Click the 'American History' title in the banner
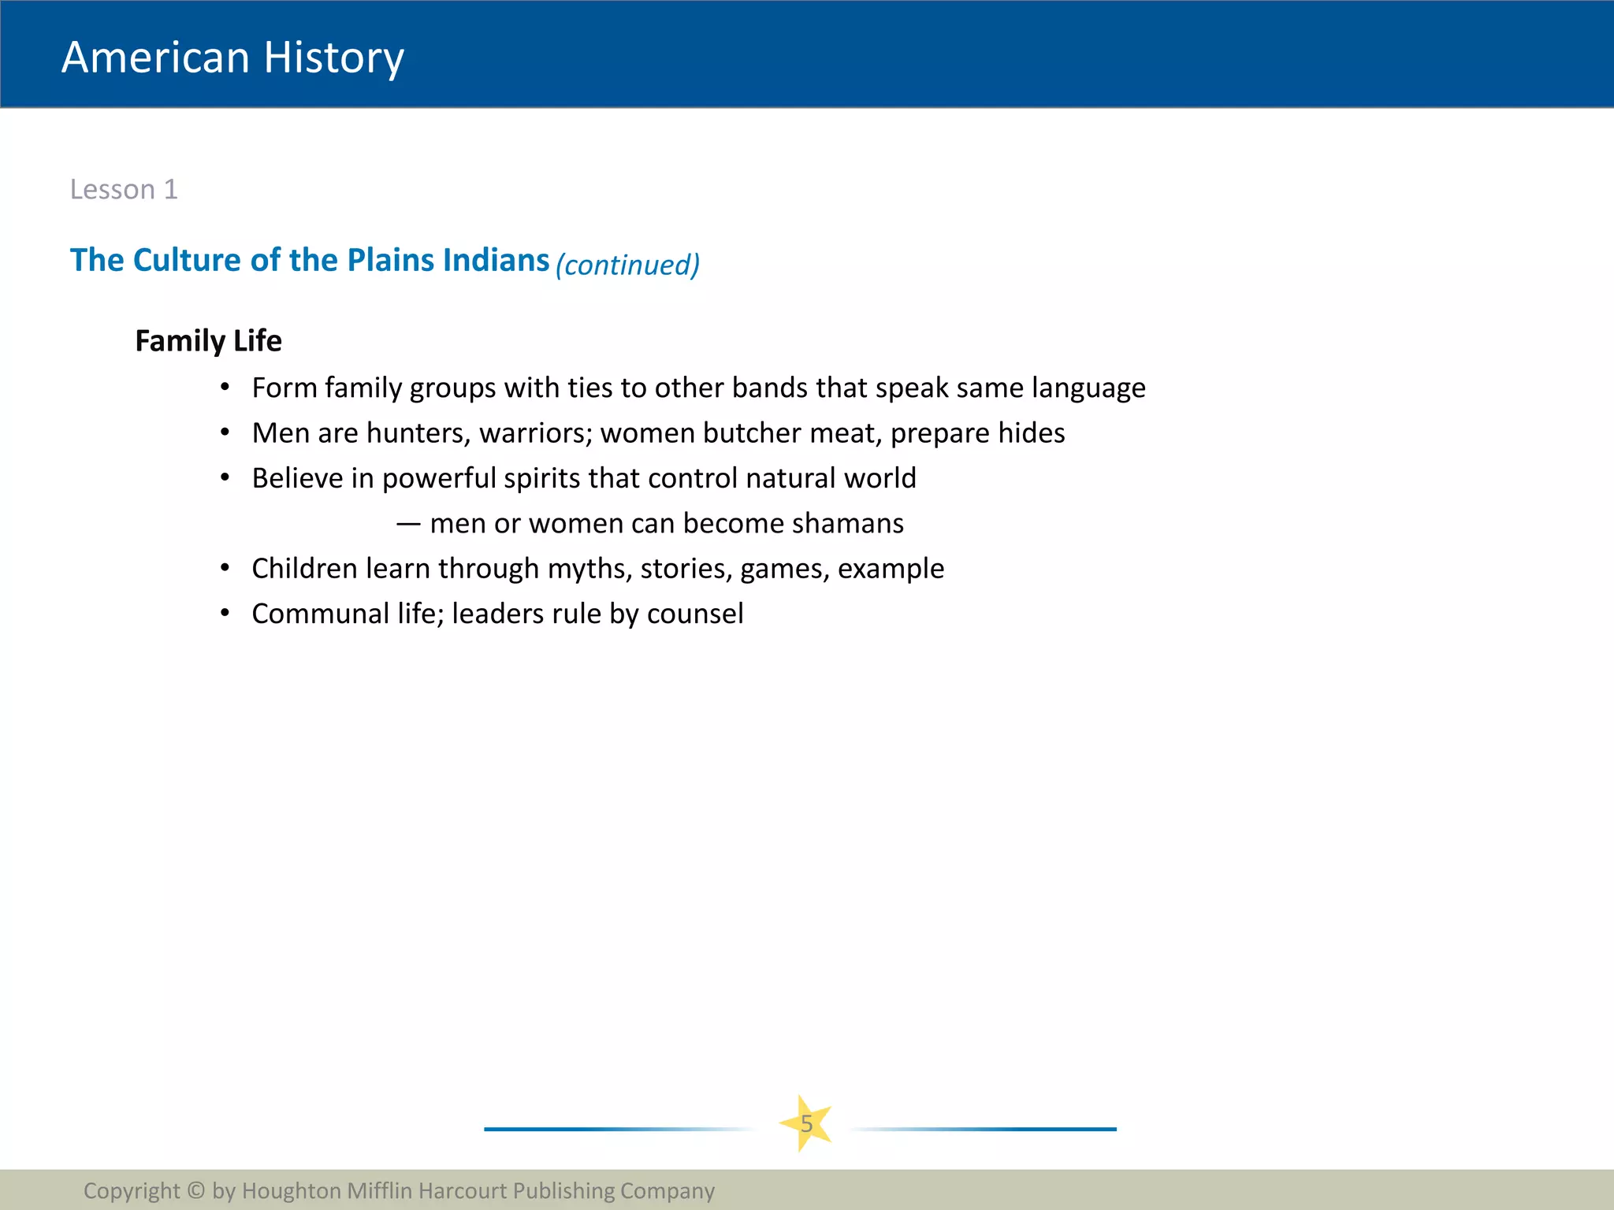[232, 58]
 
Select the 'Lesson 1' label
[124, 190]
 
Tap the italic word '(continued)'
[627, 265]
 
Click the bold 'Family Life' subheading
[208, 341]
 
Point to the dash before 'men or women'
[407, 524]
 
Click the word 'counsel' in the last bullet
[695, 614]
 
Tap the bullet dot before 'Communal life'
[225, 613]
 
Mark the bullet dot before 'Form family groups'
[225, 387]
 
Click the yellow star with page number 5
[806, 1123]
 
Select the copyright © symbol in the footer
[195, 1190]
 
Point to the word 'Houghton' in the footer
[291, 1190]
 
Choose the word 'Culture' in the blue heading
[187, 260]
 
